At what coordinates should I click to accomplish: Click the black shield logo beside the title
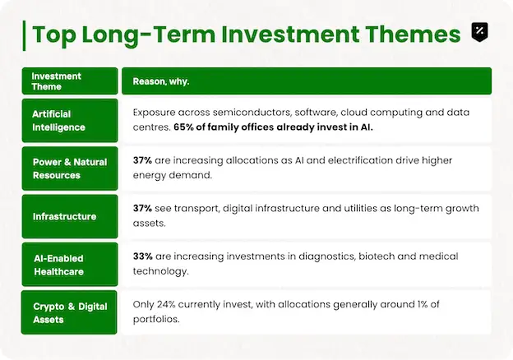click(479, 32)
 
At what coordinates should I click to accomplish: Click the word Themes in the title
click(413, 34)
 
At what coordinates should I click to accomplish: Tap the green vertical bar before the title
click(24, 35)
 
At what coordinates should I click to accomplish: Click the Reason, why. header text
click(161, 81)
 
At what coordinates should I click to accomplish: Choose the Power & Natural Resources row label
click(70, 168)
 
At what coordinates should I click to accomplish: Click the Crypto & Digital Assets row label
click(69, 312)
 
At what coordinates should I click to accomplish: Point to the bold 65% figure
click(183, 127)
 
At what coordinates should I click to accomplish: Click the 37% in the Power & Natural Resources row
click(142, 160)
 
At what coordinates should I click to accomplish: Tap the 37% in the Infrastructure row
click(142, 208)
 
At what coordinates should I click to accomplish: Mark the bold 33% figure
click(143, 256)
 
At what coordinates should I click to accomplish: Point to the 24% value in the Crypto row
click(166, 304)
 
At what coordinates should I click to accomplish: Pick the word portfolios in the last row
click(156, 319)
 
